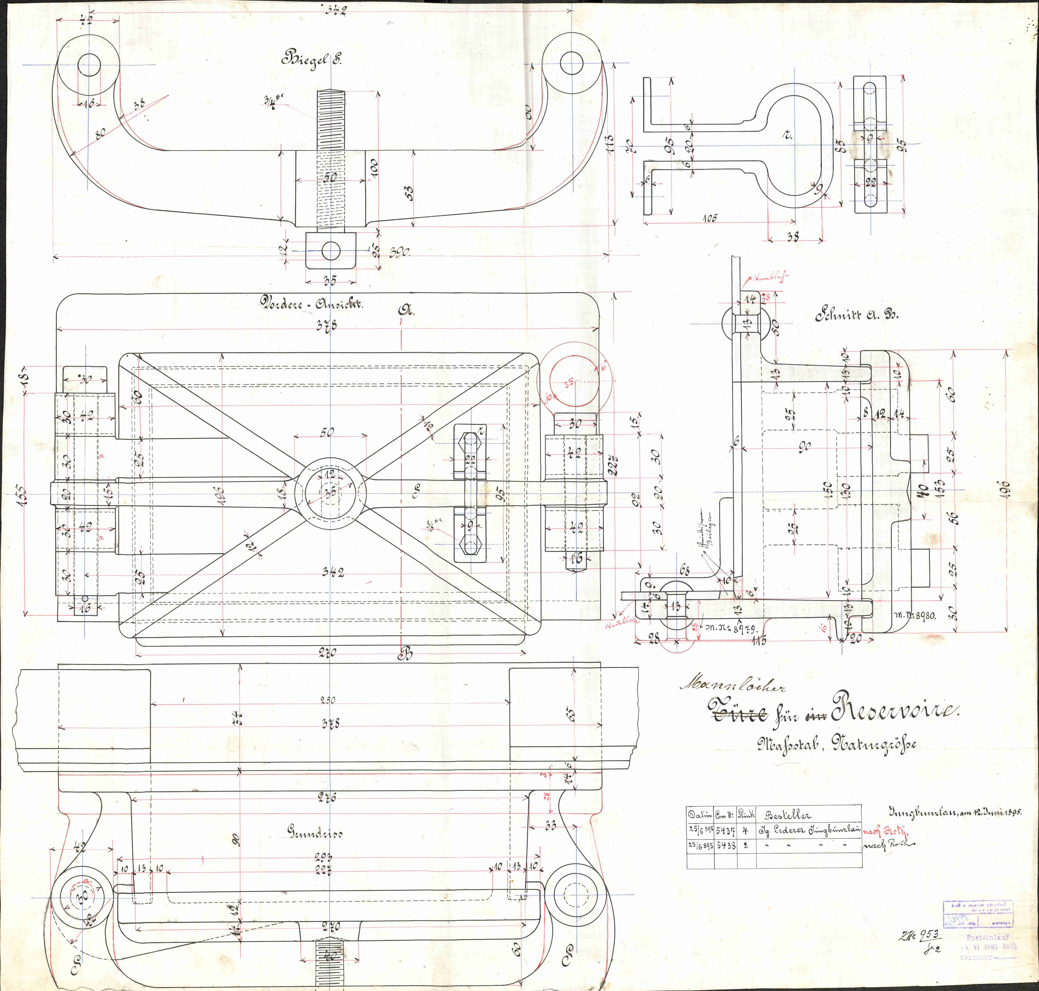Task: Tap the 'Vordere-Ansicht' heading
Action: pyautogui.click(x=310, y=303)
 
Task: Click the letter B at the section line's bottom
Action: pyautogui.click(x=405, y=654)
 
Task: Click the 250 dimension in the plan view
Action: pyautogui.click(x=327, y=700)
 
